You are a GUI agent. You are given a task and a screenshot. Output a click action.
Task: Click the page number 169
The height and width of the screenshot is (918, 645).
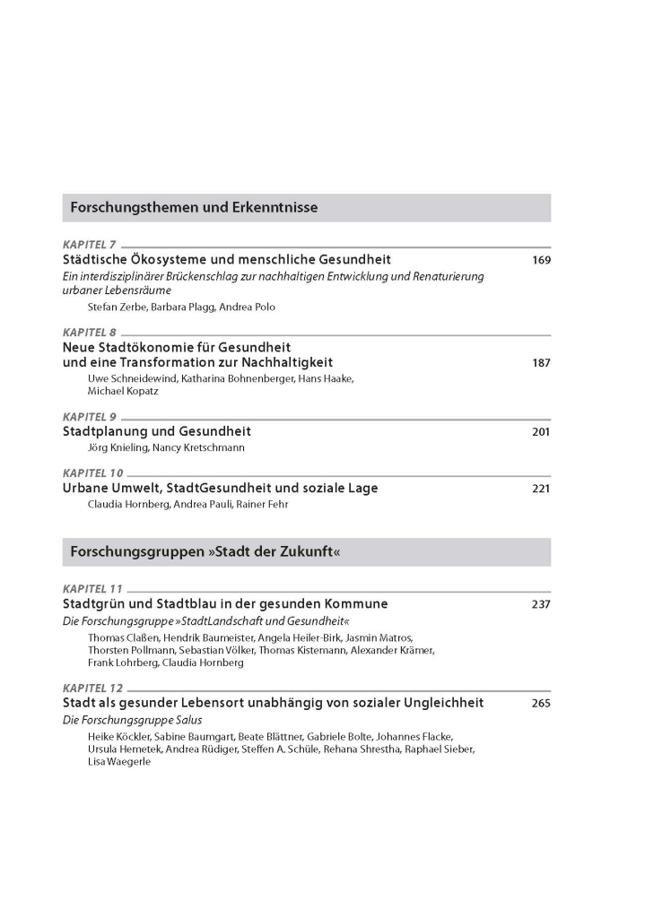point(540,260)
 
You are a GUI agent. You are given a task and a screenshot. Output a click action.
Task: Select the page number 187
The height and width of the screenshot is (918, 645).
point(540,363)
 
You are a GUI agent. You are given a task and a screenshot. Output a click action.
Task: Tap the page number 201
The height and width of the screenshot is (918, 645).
point(540,431)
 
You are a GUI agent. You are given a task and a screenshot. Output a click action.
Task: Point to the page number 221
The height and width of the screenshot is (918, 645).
point(540,489)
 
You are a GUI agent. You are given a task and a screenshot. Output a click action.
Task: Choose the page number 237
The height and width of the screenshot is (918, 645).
point(540,604)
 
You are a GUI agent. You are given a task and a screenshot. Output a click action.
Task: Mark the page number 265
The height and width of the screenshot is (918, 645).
point(540,703)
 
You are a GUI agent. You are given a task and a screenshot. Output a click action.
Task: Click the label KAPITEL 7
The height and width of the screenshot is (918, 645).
point(90,245)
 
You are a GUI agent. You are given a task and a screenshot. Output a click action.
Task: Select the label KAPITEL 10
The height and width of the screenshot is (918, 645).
point(92,473)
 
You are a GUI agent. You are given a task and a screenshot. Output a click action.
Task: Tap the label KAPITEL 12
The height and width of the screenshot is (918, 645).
point(92,688)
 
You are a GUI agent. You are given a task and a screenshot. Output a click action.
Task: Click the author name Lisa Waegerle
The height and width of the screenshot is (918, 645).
point(119,761)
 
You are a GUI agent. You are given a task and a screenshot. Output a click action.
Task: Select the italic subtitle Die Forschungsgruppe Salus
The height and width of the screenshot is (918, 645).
point(132,720)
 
